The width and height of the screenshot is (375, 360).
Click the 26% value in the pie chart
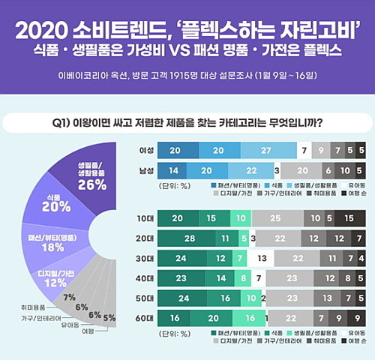(x=91, y=184)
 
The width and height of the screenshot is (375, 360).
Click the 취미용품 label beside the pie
(x=35, y=307)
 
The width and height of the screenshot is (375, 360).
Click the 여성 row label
(x=137, y=151)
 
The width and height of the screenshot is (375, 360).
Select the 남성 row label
(x=137, y=171)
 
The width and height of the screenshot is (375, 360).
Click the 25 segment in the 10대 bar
(x=277, y=217)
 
